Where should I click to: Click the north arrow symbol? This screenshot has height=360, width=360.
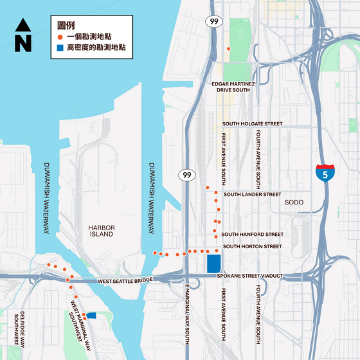click(22, 35)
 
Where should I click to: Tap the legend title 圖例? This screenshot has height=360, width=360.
click(65, 24)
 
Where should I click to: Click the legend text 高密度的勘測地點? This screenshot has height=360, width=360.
click(96, 48)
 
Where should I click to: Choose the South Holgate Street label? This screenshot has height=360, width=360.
click(252, 123)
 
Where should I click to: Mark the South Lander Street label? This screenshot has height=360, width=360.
click(252, 194)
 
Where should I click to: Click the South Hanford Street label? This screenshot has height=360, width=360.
click(252, 235)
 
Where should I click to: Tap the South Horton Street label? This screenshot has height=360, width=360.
click(252, 246)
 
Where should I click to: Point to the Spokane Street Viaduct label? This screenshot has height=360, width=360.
click(250, 276)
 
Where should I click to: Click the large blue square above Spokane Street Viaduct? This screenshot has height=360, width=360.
click(213, 264)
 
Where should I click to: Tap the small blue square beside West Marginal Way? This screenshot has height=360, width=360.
click(91, 315)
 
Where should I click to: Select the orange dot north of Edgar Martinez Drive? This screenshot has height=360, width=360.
click(228, 49)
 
